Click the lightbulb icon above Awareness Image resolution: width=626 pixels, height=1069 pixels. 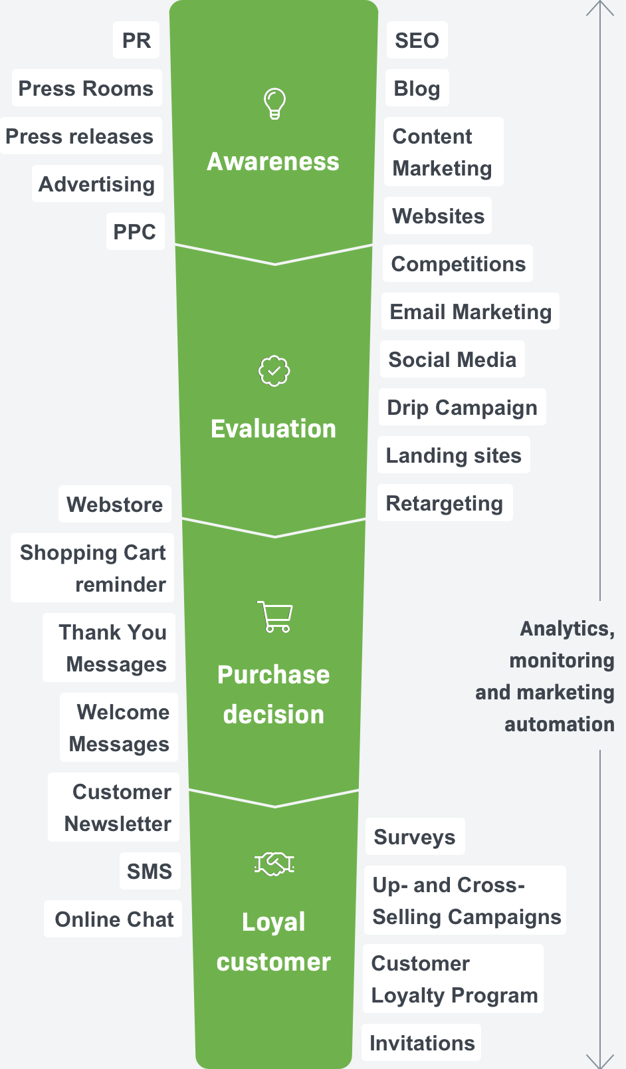pyautogui.click(x=275, y=104)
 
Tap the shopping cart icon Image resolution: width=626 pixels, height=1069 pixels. pyautogui.click(x=275, y=616)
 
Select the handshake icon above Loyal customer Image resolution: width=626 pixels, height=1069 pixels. pyautogui.click(x=274, y=864)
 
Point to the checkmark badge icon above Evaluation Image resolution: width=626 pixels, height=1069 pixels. pyautogui.click(x=274, y=371)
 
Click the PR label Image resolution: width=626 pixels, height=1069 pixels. pyautogui.click(x=136, y=40)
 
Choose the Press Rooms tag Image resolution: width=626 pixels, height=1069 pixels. pyautogui.click(x=86, y=88)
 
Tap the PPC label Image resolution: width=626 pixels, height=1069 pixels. pyautogui.click(x=135, y=231)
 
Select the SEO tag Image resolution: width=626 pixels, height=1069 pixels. pyautogui.click(x=417, y=40)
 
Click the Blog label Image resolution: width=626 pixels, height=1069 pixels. pyautogui.click(x=417, y=88)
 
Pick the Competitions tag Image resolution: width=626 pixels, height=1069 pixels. pyautogui.click(x=458, y=263)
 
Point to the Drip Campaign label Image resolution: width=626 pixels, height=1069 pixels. pyautogui.click(x=463, y=407)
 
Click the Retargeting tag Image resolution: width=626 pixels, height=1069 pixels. pyautogui.click(x=445, y=503)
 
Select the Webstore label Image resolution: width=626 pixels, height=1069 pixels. pyautogui.click(x=115, y=504)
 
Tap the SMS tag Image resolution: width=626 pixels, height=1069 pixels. pyautogui.click(x=150, y=871)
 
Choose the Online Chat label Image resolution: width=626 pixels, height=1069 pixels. pyautogui.click(x=114, y=919)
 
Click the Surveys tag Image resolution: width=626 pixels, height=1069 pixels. pyautogui.click(x=415, y=836)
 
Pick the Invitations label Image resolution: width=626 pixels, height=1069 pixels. pyautogui.click(x=422, y=1042)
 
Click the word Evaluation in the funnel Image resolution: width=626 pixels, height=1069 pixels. pyautogui.click(x=273, y=429)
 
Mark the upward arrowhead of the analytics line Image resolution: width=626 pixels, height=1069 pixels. pyautogui.click(x=600, y=3)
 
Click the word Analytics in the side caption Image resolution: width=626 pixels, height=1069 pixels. pyautogui.click(x=568, y=629)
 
